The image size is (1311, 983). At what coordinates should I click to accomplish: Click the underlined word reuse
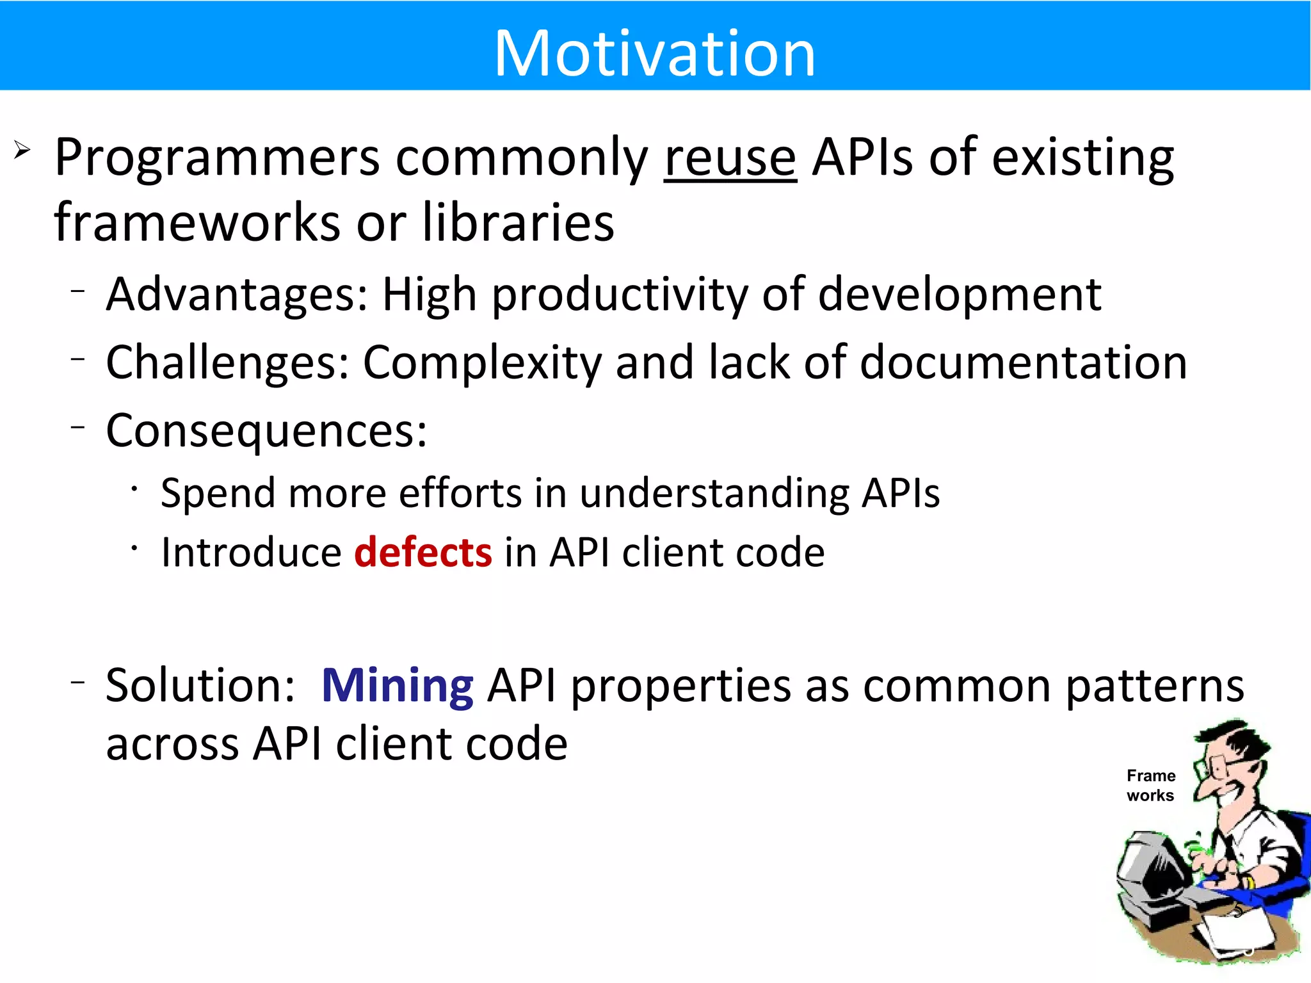pyautogui.click(x=730, y=158)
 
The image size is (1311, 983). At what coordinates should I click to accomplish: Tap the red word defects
pyautogui.click(x=423, y=552)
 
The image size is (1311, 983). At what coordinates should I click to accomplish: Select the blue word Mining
pyautogui.click(x=397, y=685)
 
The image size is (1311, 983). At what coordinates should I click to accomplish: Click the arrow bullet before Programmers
pyautogui.click(x=22, y=150)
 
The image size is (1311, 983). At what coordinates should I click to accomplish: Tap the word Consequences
pyautogui.click(x=266, y=430)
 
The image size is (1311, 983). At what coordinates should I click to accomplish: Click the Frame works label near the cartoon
pyautogui.click(x=1150, y=785)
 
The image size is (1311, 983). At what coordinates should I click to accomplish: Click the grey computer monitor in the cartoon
pyautogui.click(x=1152, y=865)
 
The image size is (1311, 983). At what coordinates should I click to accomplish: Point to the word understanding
pyautogui.click(x=714, y=493)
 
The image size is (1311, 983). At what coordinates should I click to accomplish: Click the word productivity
pyautogui.click(x=619, y=295)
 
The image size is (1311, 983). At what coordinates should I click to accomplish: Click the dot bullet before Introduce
pyautogui.click(x=134, y=548)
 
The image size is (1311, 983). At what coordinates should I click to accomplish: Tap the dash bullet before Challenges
pyautogui.click(x=78, y=359)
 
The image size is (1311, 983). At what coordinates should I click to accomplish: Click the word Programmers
pyautogui.click(x=218, y=158)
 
